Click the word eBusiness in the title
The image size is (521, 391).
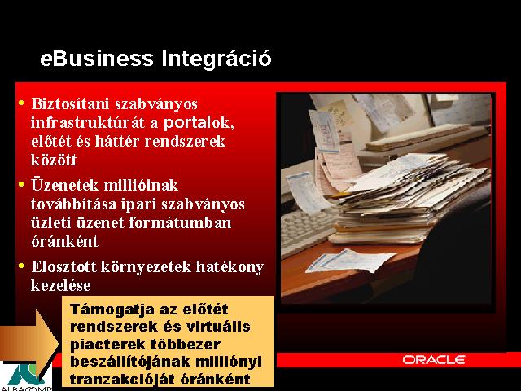[96, 58]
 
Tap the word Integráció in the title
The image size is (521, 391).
[217, 59]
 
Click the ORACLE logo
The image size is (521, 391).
[434, 360]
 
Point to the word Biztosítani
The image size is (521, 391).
[70, 103]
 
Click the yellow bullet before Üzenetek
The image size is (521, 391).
[22, 184]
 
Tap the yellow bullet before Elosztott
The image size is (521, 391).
[22, 266]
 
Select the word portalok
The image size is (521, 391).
[199, 123]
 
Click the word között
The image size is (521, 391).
[54, 160]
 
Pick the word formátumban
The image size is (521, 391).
[180, 222]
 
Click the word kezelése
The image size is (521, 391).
[61, 286]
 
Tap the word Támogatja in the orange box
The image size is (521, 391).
[112, 310]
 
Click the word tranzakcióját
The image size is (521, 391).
[122, 379]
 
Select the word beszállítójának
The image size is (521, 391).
[130, 362]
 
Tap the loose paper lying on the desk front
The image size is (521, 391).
[351, 260]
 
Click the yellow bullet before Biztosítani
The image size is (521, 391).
[22, 103]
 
